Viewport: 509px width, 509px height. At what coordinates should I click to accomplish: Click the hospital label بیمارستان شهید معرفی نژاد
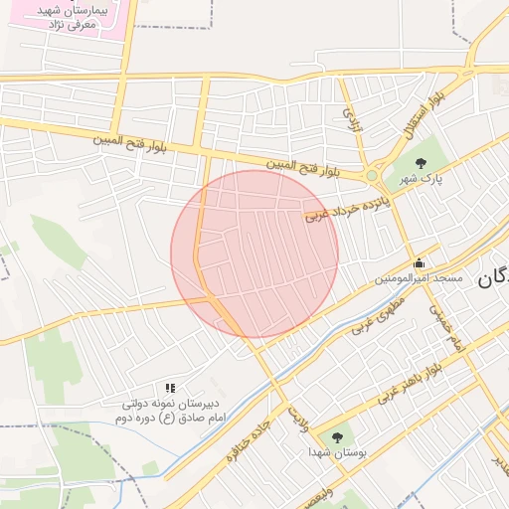click(70, 15)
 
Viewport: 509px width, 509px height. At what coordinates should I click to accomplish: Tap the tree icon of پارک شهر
click(422, 163)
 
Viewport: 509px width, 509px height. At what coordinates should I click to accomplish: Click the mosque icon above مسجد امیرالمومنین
click(419, 264)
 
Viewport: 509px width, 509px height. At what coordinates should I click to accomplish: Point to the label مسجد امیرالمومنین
click(419, 279)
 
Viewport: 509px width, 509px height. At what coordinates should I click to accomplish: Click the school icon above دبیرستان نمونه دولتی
click(170, 388)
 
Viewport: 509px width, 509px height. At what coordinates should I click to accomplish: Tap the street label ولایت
click(297, 417)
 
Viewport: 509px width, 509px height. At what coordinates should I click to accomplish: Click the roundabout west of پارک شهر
click(372, 176)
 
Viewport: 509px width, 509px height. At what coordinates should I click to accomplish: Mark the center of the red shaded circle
click(254, 254)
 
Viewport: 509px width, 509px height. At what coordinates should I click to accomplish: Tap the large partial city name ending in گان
click(493, 278)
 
